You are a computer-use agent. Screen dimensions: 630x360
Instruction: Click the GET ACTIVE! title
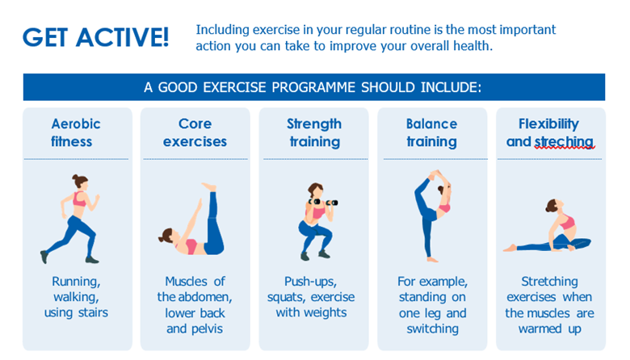(95, 37)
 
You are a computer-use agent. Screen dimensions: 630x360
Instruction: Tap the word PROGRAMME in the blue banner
(313, 87)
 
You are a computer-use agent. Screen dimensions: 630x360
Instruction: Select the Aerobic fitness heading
(75, 132)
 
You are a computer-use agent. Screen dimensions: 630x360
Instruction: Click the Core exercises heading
(195, 132)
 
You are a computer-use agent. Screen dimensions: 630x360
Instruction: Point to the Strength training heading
(314, 133)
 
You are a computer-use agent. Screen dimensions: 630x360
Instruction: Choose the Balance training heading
(432, 133)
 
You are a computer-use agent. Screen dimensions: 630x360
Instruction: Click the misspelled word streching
(564, 142)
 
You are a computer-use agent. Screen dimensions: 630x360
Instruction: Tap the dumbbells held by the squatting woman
(323, 203)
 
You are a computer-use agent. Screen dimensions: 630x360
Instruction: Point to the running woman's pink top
(79, 199)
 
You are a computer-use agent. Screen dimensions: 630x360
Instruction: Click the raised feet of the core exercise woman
(209, 187)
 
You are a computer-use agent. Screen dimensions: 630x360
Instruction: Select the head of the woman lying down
(166, 236)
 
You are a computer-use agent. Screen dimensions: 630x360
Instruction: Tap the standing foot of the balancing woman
(432, 260)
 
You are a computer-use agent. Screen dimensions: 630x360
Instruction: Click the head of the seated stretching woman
(552, 206)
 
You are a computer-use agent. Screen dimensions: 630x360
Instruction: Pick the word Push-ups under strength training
(310, 282)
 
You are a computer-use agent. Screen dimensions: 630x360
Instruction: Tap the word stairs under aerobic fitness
(93, 312)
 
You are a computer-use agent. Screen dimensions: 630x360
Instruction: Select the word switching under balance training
(432, 329)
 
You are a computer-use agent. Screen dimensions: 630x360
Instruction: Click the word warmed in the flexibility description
(540, 329)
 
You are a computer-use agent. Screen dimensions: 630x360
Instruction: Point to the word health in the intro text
(472, 46)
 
